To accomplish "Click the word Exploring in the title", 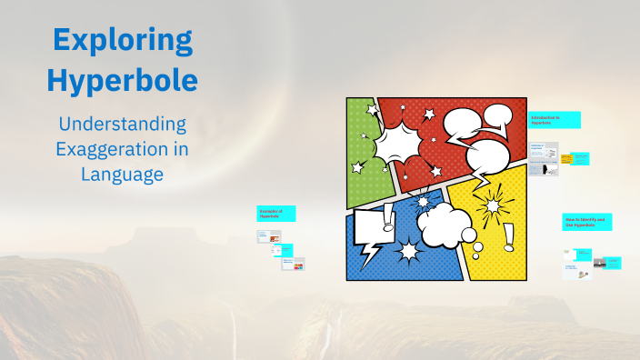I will point(122,40).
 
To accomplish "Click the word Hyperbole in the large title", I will point(122,80).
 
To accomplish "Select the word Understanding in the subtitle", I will point(122,124).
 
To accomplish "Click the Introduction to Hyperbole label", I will point(555,120).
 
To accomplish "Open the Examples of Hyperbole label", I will point(276,214).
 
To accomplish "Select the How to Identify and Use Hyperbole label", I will point(586,222).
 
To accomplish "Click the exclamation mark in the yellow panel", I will point(507,237).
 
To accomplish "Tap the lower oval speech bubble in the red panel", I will point(493,156).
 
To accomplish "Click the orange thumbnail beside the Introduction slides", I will point(565,159).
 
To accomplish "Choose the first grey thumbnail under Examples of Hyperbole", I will point(268,236).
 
